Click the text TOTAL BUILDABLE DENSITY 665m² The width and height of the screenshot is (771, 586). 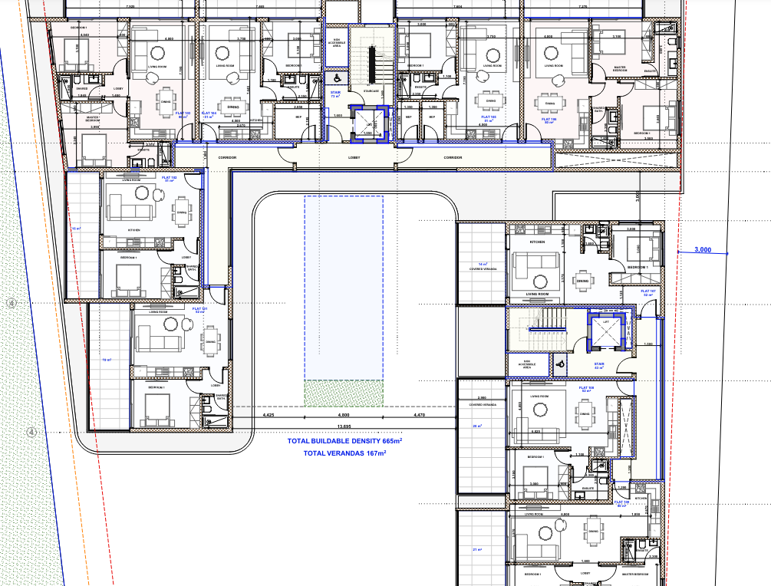(x=344, y=442)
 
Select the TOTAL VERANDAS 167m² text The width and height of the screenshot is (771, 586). (x=344, y=453)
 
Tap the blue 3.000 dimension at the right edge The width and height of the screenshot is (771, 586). (x=701, y=249)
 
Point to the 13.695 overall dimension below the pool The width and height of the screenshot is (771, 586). (x=344, y=426)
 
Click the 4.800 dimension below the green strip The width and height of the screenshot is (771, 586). (x=344, y=415)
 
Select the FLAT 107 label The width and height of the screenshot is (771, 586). (x=648, y=292)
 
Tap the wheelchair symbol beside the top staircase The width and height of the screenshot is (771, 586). (x=335, y=77)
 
